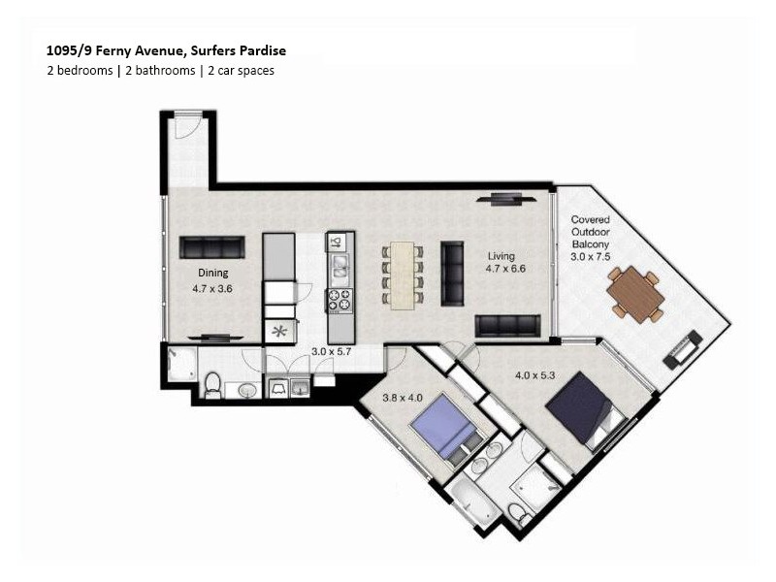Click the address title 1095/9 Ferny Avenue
coord(166,49)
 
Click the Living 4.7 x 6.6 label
coord(505,263)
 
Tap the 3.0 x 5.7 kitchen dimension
coord(331,352)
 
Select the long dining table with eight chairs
coord(404,275)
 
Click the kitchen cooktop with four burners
coord(339,301)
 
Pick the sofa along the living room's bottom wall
coord(507,325)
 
